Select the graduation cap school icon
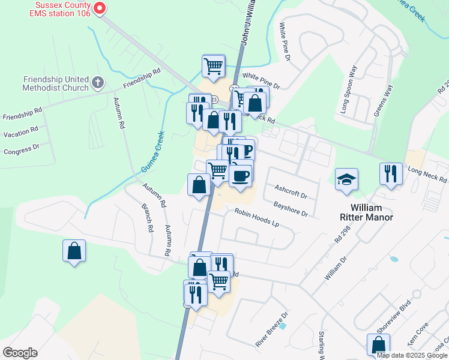coord(346,179)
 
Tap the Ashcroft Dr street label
coord(291,191)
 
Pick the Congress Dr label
coord(21,148)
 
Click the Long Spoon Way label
coord(349,89)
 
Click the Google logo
coord(20,353)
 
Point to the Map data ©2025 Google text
coord(412,356)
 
